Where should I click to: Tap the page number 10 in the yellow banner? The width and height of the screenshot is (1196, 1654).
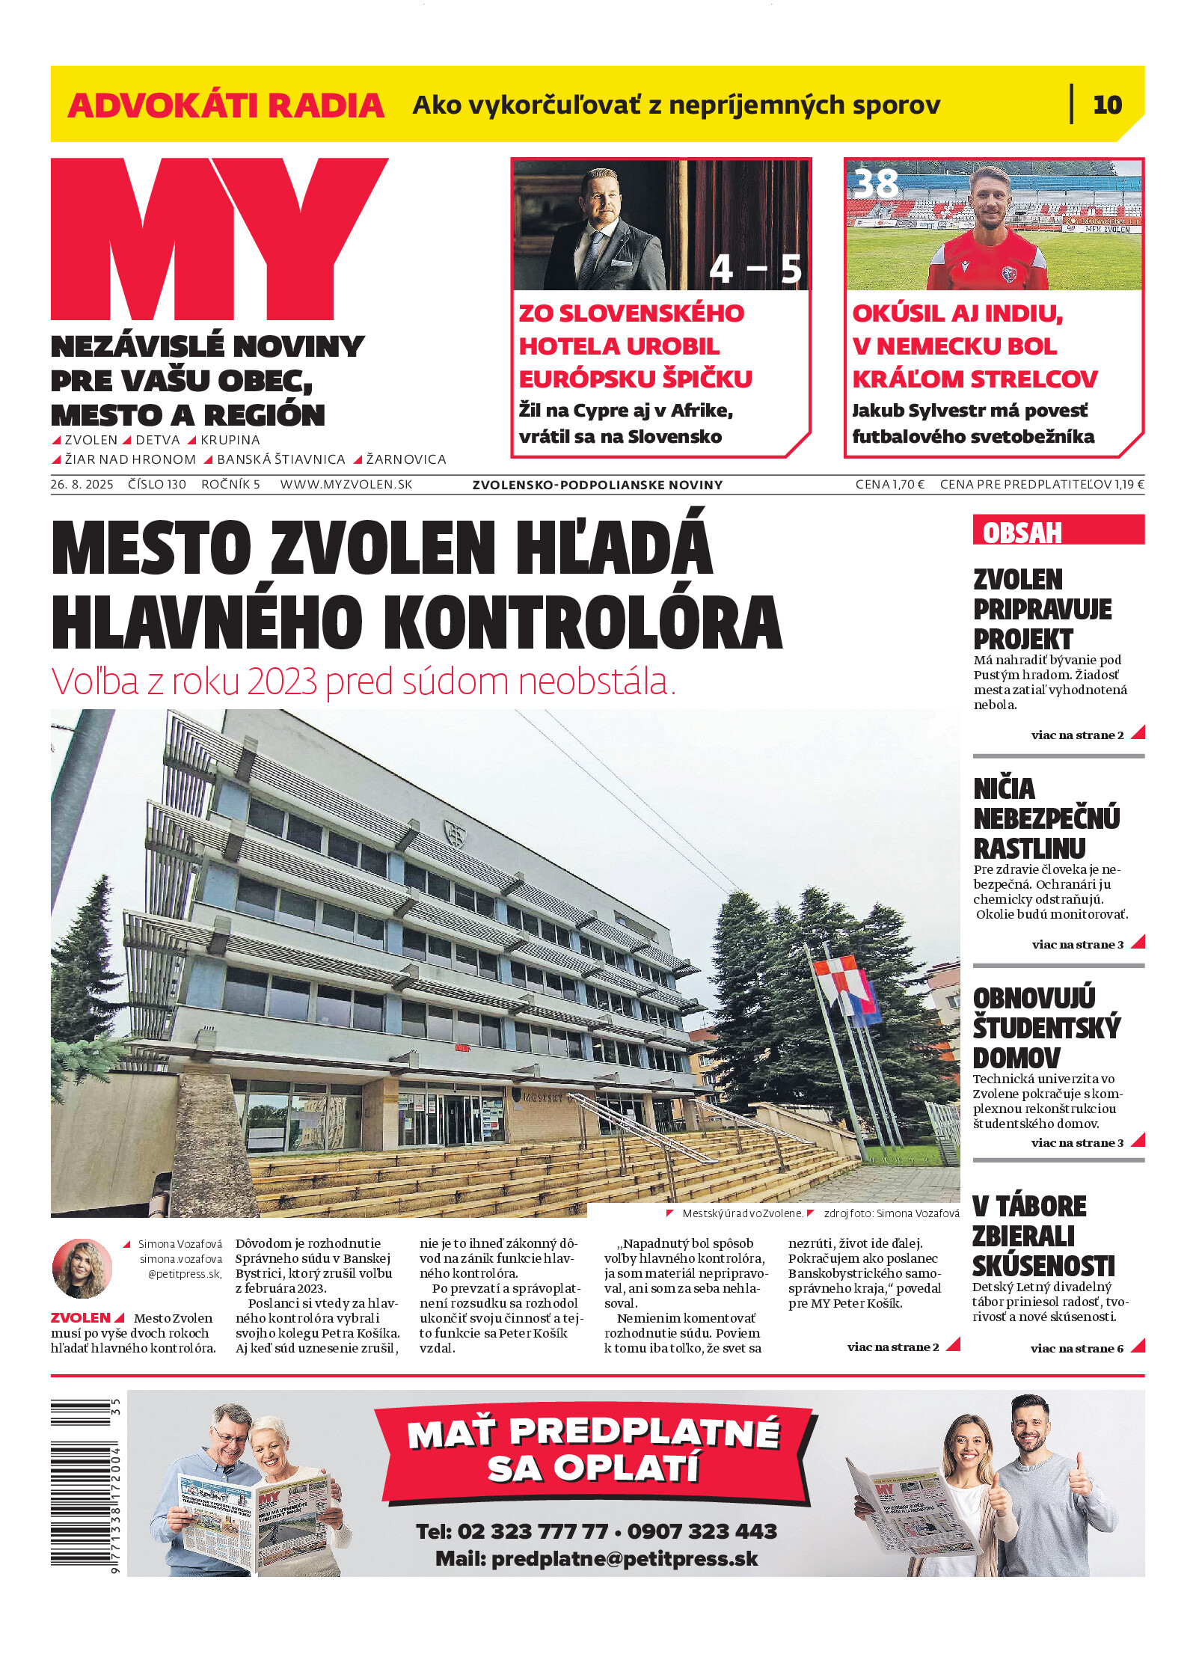(1107, 105)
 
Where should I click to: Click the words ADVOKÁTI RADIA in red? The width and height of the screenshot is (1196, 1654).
(226, 105)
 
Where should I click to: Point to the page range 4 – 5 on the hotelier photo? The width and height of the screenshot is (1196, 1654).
(755, 269)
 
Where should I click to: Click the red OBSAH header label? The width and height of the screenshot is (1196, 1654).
(1022, 533)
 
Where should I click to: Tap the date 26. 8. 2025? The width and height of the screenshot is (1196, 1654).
(82, 484)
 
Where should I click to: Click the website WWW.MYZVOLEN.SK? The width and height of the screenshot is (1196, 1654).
(346, 484)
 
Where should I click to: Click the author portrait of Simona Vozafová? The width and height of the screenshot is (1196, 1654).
(82, 1268)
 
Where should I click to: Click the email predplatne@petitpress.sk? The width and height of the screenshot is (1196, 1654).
(624, 1559)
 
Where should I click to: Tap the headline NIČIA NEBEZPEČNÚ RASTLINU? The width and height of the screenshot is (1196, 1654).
(1046, 818)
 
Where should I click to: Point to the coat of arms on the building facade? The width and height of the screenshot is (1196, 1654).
(454, 831)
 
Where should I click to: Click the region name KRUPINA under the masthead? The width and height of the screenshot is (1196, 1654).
(230, 440)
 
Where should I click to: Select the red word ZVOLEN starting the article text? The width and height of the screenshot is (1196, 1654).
(80, 1317)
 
